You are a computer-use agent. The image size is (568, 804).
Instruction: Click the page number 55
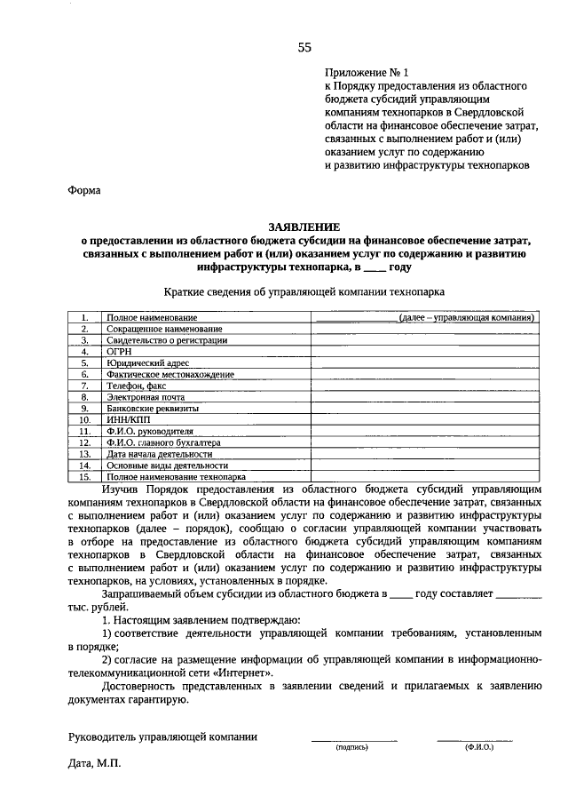304,47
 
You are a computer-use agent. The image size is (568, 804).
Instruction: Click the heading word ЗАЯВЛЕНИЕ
304,227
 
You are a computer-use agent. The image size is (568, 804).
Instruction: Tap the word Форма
85,189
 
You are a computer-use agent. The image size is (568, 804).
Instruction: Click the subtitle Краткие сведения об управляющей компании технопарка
304,291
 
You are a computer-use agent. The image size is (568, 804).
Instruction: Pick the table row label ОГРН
119,352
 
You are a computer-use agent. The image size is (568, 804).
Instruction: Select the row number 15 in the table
85,476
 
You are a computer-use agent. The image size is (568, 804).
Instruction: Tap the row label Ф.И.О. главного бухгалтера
163,442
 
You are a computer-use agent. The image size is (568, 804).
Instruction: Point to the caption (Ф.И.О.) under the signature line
478,748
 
